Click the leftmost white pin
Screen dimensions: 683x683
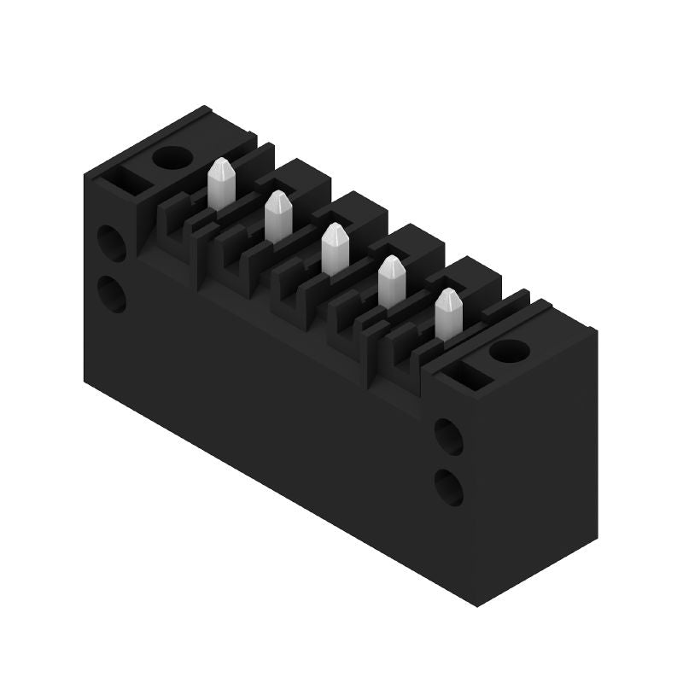220,184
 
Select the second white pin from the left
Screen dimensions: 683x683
277,217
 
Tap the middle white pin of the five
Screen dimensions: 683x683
335,249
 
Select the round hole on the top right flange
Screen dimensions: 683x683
509,350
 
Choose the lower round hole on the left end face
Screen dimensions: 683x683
112,295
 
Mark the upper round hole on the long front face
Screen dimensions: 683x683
448,436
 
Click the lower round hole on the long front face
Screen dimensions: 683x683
448,487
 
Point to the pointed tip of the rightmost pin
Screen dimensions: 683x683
447,293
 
